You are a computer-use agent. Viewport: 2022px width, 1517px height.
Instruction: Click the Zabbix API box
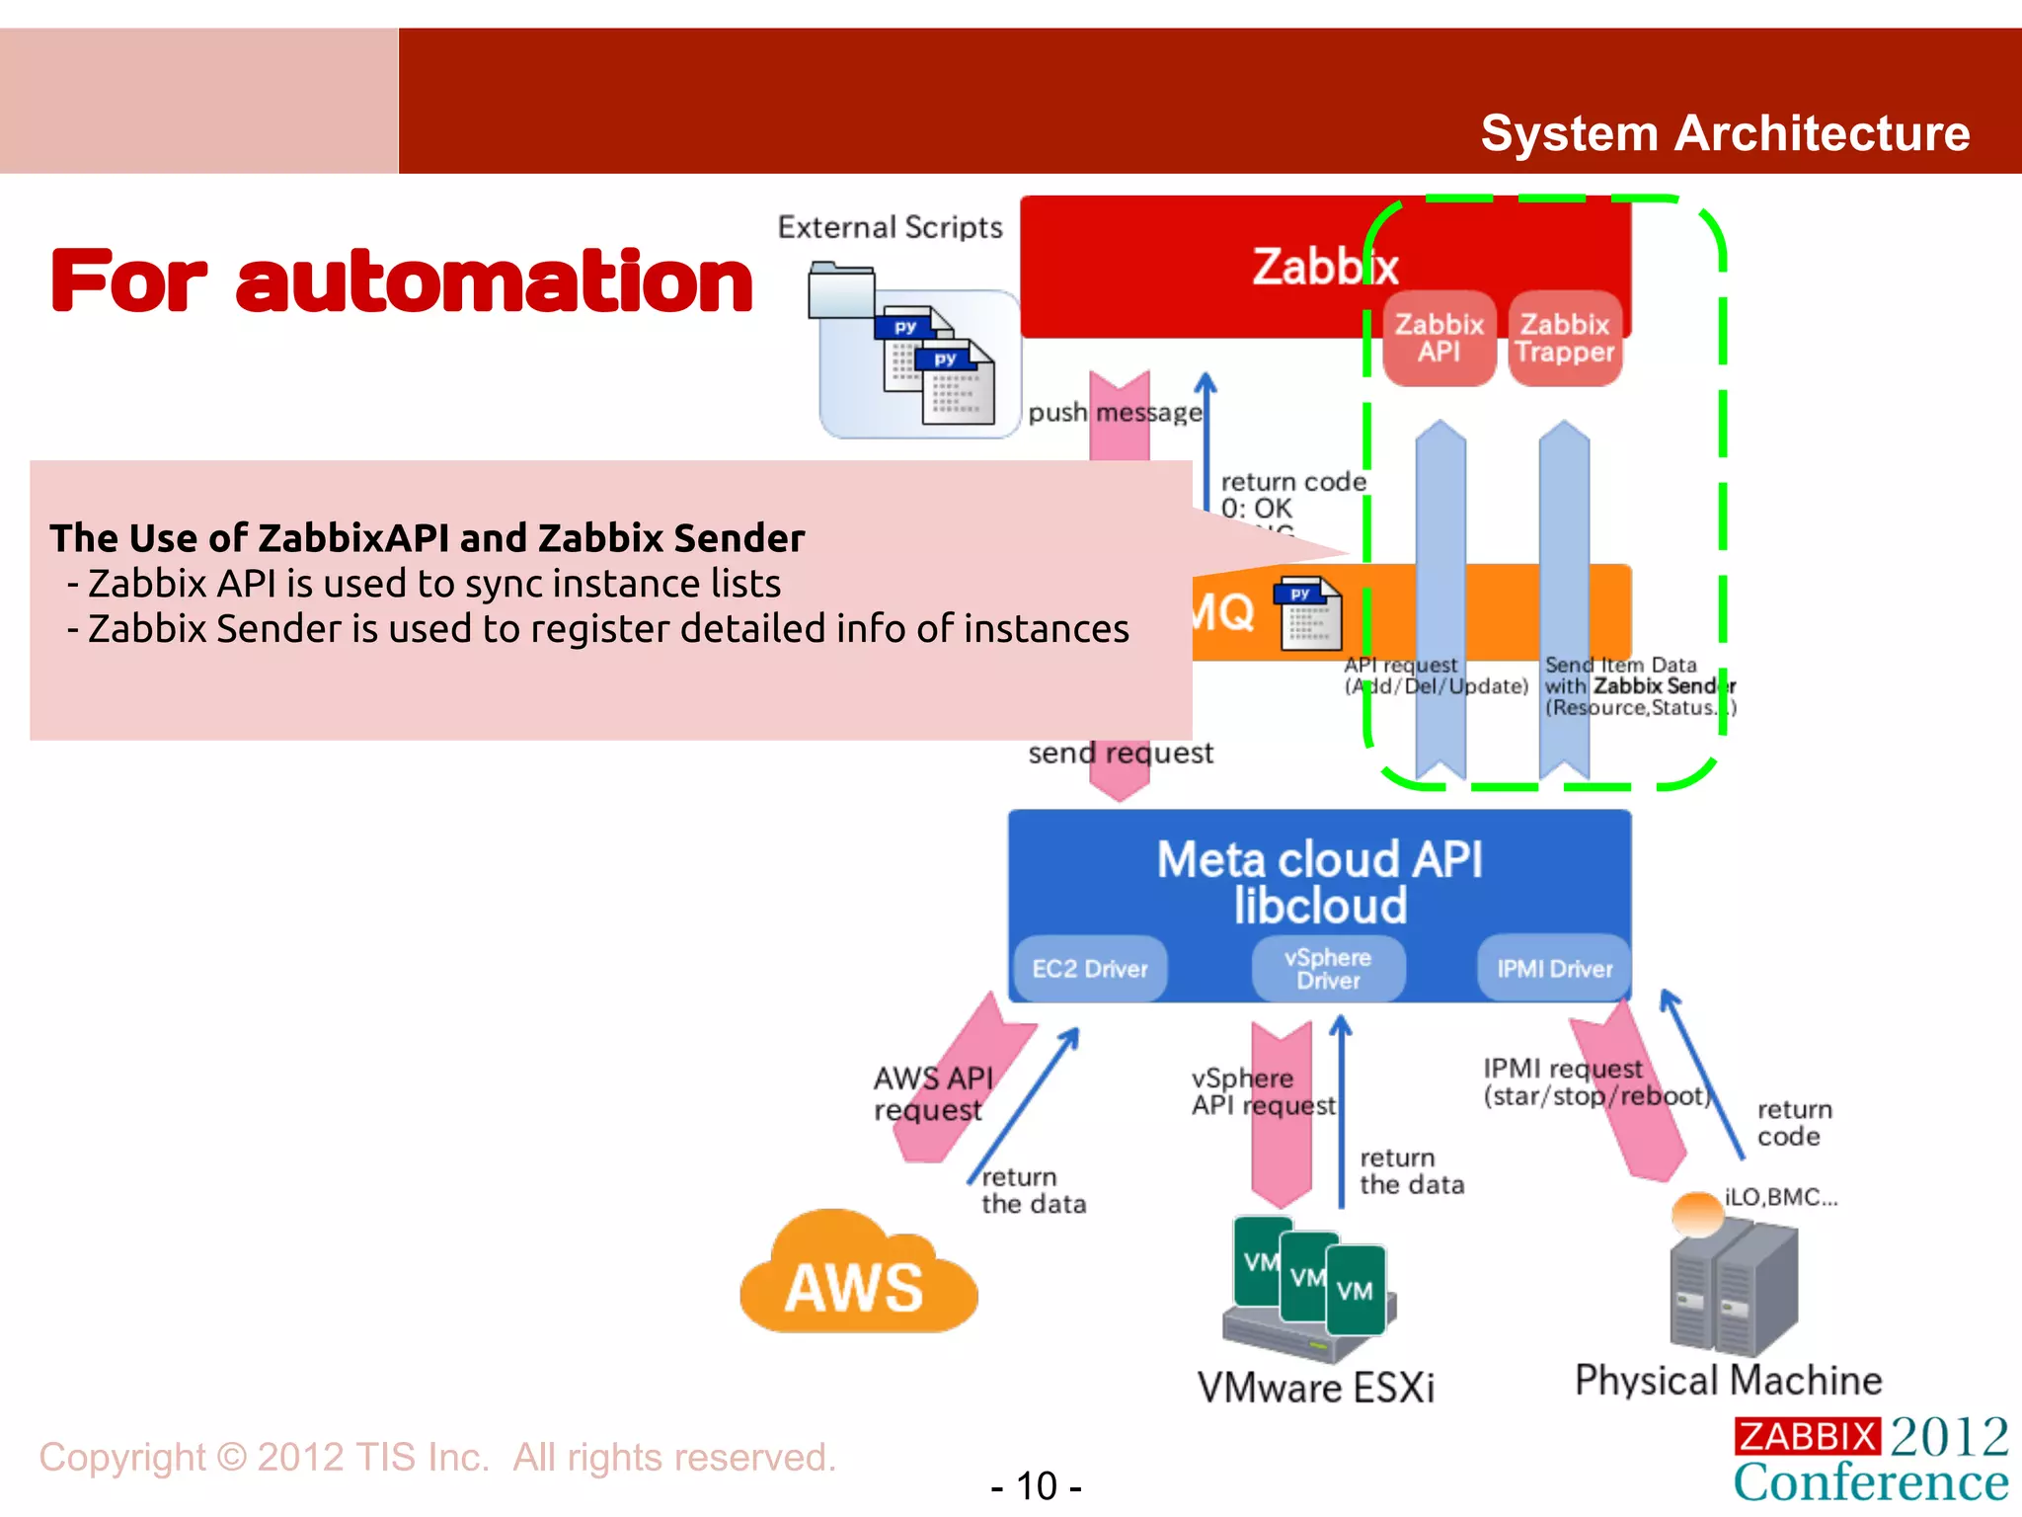point(1439,338)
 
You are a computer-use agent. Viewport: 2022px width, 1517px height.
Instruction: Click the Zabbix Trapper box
point(1565,338)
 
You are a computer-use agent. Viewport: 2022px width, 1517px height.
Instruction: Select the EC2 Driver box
point(1090,969)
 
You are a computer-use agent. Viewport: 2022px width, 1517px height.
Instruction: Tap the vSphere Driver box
point(1328,969)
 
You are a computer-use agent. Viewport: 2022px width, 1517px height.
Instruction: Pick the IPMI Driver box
point(1554,969)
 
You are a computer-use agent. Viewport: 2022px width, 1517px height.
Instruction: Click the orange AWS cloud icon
point(857,1277)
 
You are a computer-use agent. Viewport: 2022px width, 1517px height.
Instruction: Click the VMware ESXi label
point(1315,1388)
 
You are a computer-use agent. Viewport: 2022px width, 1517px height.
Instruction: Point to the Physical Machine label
point(1728,1380)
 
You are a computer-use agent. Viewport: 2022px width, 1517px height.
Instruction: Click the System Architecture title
point(1725,133)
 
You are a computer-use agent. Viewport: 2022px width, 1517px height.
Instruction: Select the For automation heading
point(402,282)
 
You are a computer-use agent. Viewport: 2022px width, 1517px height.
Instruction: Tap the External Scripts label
point(890,228)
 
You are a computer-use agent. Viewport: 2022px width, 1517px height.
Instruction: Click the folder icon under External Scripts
point(841,290)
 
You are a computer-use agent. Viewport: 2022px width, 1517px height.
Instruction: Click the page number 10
point(1037,1485)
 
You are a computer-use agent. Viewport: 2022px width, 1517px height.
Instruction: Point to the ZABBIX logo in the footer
point(1807,1436)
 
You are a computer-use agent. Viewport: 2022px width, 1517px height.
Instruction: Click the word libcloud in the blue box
point(1320,906)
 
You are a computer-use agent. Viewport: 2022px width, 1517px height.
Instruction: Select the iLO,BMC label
point(1780,1197)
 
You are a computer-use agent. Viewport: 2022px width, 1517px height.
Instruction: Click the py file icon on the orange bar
point(1309,613)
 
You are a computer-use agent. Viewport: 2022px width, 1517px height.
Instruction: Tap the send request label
point(1121,754)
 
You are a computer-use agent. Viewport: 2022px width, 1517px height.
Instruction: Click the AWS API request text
point(932,1093)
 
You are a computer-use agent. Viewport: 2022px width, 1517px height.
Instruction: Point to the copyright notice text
point(437,1458)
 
